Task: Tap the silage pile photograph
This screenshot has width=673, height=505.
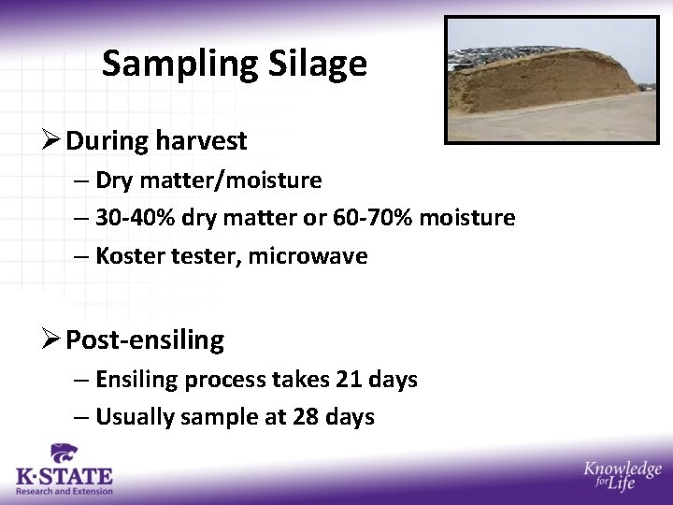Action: pos(551,79)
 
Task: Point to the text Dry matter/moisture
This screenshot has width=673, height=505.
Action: pos(208,180)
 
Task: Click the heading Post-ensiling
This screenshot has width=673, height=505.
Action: pos(145,340)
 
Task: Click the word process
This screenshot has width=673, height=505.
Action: pos(224,380)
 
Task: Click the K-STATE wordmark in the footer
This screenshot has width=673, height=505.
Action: pos(64,476)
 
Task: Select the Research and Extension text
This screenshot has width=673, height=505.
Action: pos(64,491)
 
